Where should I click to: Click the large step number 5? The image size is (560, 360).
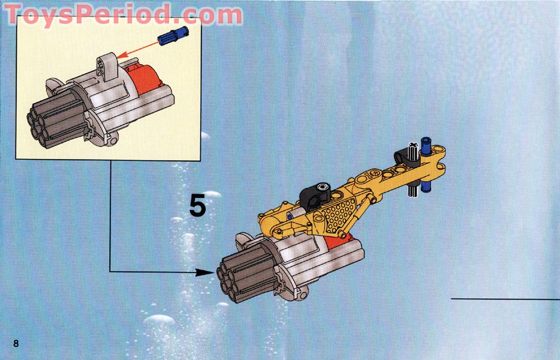(197, 205)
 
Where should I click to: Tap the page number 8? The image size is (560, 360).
(16, 343)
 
